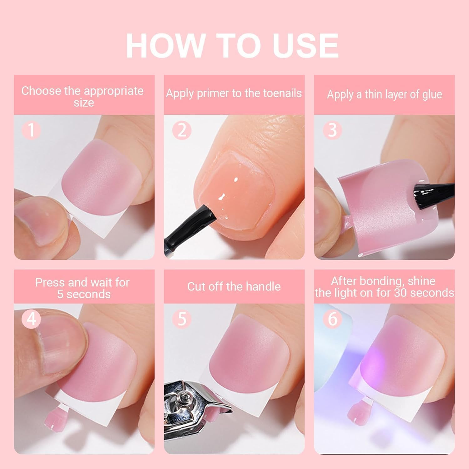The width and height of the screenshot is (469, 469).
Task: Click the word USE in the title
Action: [305, 45]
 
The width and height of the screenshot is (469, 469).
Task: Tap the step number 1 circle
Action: [31, 130]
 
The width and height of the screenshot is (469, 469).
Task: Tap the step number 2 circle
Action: [182, 130]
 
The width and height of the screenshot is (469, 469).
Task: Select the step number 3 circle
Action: [332, 130]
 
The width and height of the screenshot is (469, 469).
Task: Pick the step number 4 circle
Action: [31, 319]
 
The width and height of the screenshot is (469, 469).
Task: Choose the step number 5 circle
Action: [182, 319]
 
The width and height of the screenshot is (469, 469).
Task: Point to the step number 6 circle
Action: [332, 319]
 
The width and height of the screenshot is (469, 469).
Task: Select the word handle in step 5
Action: [265, 287]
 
